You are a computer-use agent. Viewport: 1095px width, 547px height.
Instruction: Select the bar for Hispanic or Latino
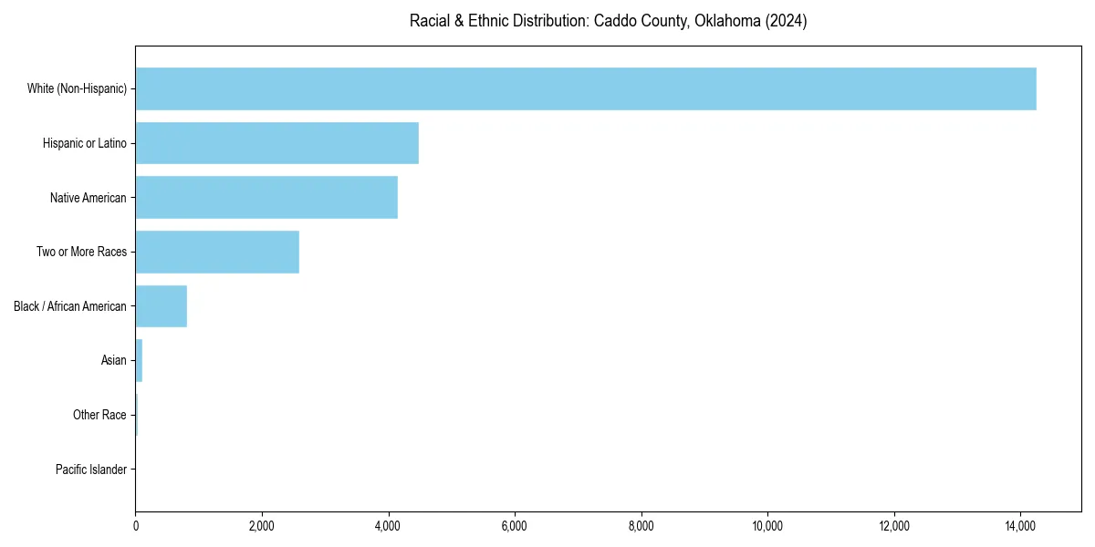(x=276, y=143)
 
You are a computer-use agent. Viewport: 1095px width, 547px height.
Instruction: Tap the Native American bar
(x=266, y=198)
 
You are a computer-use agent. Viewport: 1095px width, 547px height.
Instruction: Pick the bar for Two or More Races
(x=217, y=252)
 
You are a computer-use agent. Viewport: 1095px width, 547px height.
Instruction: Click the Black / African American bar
(x=162, y=306)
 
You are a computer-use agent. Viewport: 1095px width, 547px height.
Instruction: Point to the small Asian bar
(x=139, y=361)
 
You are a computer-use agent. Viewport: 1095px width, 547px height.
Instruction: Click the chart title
(x=608, y=21)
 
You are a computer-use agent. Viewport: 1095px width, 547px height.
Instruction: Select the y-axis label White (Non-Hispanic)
(x=77, y=88)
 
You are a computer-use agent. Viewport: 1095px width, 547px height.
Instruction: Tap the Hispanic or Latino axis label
(x=85, y=143)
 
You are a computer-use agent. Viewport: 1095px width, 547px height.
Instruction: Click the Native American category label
(x=89, y=198)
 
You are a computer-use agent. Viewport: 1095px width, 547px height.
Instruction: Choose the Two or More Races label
(x=81, y=252)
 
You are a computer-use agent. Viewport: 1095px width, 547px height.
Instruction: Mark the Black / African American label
(x=70, y=306)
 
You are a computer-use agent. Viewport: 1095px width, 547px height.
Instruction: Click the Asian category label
(x=114, y=361)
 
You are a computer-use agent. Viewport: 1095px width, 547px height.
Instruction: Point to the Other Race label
(x=99, y=415)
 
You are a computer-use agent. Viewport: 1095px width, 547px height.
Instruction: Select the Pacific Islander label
(x=91, y=470)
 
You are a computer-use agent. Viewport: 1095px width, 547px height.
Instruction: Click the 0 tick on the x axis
(x=135, y=526)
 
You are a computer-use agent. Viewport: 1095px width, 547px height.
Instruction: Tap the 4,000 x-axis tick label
(x=389, y=526)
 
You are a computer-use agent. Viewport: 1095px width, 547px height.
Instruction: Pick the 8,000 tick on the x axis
(x=641, y=526)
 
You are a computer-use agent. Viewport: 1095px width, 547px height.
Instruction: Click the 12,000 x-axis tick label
(x=894, y=526)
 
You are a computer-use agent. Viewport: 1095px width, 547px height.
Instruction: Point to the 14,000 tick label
(x=1020, y=526)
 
